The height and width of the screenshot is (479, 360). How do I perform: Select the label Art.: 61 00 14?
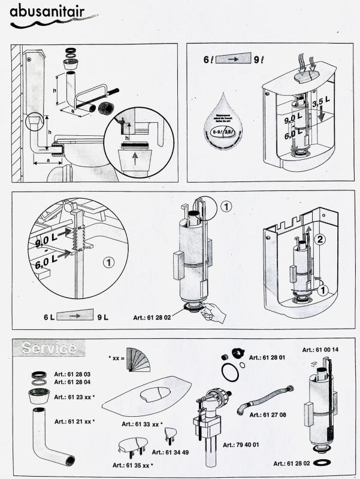coord(320,350)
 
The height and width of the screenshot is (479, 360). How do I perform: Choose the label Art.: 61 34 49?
coord(170,452)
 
